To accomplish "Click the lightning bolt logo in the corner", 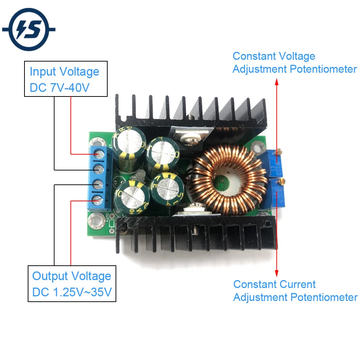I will [28, 29].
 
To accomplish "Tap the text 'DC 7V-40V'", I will [60, 88].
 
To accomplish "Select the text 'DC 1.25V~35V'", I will [72, 292].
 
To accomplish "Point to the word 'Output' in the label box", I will [50, 276].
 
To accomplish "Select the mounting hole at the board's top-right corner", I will [257, 146].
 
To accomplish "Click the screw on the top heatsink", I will [190, 117].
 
